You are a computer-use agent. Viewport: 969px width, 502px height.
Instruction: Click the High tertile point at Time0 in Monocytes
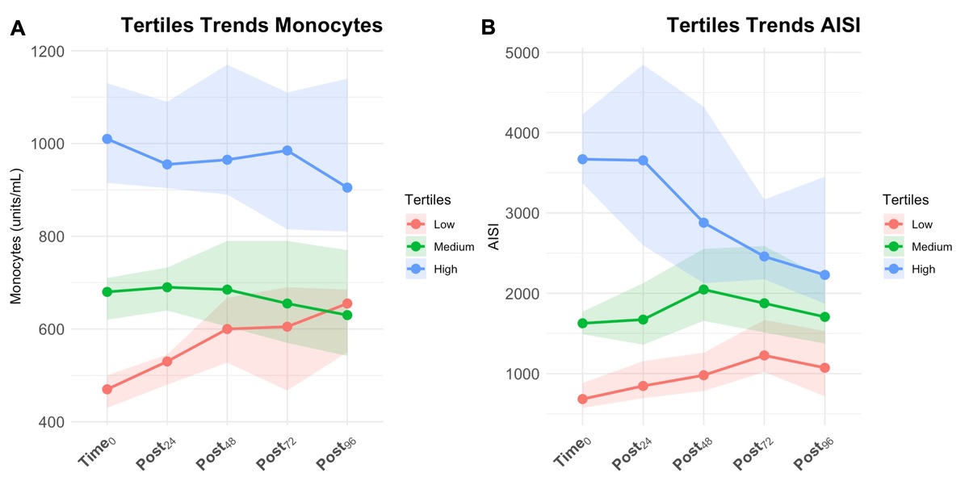pos(107,139)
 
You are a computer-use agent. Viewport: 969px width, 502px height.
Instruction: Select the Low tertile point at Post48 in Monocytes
pos(227,329)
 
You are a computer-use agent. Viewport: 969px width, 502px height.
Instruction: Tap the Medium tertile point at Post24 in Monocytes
pos(167,287)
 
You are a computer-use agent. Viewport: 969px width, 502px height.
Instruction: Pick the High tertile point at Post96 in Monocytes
pos(347,187)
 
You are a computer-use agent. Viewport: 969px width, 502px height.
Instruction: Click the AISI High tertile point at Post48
pos(703,223)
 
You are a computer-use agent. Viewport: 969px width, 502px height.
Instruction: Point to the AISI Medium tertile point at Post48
pos(703,290)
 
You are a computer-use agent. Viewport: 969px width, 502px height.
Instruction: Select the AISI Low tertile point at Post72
pos(764,355)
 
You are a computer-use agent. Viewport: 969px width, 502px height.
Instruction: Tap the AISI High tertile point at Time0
pos(583,159)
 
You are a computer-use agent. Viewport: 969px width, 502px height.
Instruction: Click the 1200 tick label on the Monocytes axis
pos(69,51)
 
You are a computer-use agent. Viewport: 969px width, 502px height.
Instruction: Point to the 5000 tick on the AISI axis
pos(545,52)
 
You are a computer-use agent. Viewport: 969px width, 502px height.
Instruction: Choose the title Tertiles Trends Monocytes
pos(251,26)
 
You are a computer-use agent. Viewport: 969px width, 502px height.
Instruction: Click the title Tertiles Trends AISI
pos(763,26)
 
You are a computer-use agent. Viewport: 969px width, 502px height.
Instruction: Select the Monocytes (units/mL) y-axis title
pos(16,236)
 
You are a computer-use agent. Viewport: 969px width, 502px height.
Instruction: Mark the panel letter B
pos(488,29)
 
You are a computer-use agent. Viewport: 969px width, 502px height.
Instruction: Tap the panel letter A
pos(19,29)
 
